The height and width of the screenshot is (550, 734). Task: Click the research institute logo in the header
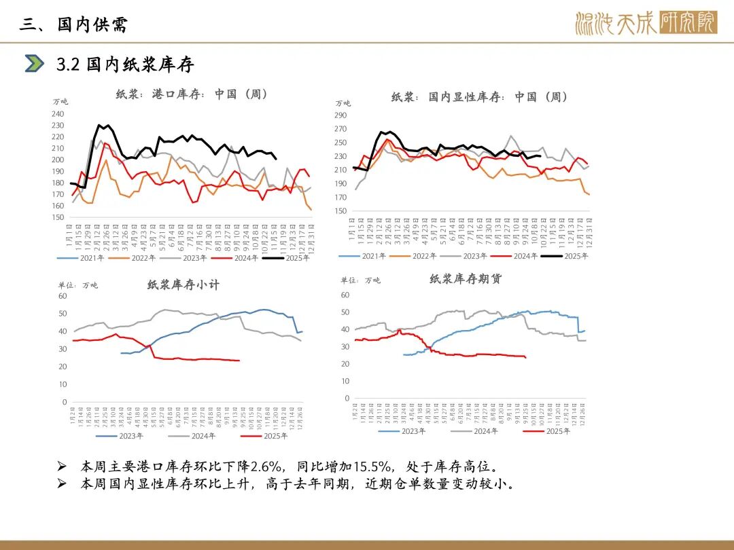pyautogui.click(x=645, y=24)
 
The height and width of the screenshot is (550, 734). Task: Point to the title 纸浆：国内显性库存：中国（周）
pyautogui.click(x=479, y=97)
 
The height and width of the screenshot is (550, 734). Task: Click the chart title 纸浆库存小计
pyautogui.click(x=183, y=285)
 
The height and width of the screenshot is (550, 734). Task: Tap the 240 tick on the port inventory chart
pyautogui.click(x=58, y=114)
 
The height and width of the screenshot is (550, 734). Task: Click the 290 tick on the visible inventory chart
pyautogui.click(x=340, y=115)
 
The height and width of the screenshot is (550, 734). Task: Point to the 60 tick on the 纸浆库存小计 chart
pyautogui.click(x=63, y=296)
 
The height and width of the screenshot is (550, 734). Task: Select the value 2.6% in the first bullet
pyautogui.click(x=266, y=466)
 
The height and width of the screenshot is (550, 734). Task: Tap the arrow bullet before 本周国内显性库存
pyautogui.click(x=62, y=484)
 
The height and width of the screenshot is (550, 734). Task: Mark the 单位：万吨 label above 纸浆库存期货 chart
pyautogui.click(x=360, y=280)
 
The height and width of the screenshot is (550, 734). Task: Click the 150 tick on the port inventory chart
pyautogui.click(x=58, y=217)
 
